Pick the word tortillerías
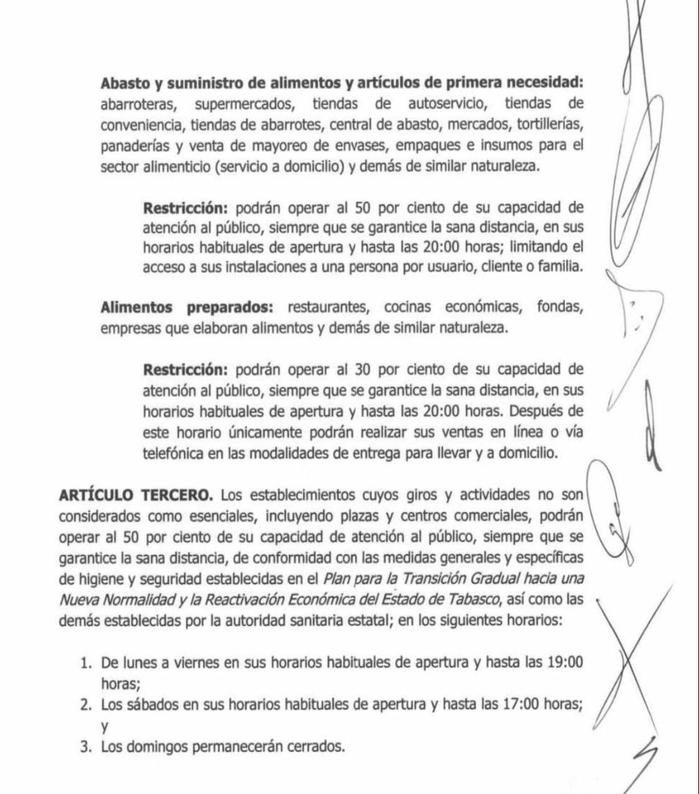click(x=548, y=125)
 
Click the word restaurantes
click(x=330, y=307)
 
